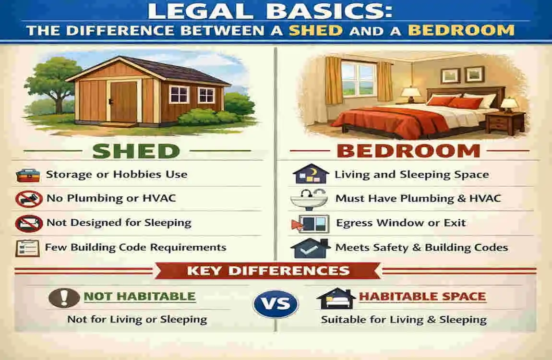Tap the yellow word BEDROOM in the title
[x=461, y=30]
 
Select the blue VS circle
[x=276, y=304]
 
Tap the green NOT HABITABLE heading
[x=140, y=296]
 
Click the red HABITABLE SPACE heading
[x=422, y=296]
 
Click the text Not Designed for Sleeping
[x=119, y=223]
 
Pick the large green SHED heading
[x=136, y=151]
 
